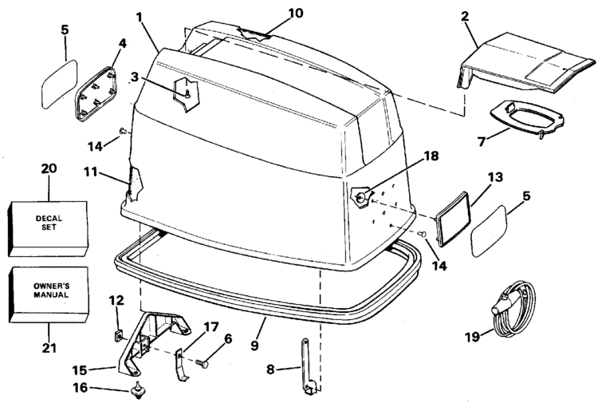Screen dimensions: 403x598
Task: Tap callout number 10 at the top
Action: click(273, 14)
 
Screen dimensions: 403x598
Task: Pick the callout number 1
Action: click(140, 15)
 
